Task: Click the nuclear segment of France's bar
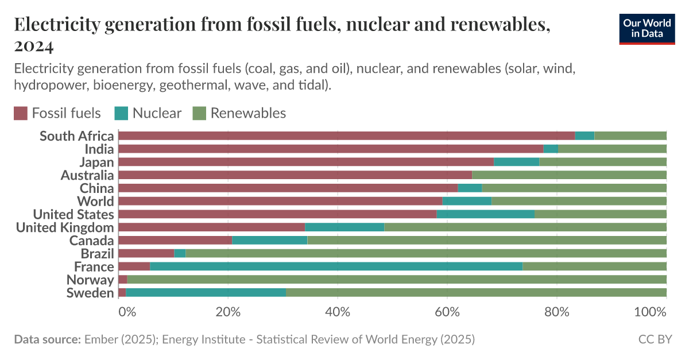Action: click(336, 266)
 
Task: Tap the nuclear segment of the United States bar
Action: click(485, 214)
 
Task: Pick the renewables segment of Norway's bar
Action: click(396, 280)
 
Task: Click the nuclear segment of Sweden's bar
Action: click(206, 293)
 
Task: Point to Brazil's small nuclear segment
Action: click(180, 253)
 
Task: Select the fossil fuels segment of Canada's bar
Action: click(175, 240)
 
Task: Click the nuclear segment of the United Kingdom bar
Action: click(344, 227)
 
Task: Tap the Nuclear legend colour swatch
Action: click(121, 113)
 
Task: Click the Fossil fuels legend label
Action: click(66, 113)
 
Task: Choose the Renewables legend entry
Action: click(248, 113)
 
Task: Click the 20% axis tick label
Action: click(228, 313)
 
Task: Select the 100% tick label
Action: click(650, 313)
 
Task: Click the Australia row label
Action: click(87, 175)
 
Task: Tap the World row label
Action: click(95, 201)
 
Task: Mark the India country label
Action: click(99, 149)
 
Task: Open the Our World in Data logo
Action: click(647, 29)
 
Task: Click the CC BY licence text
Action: click(655, 339)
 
